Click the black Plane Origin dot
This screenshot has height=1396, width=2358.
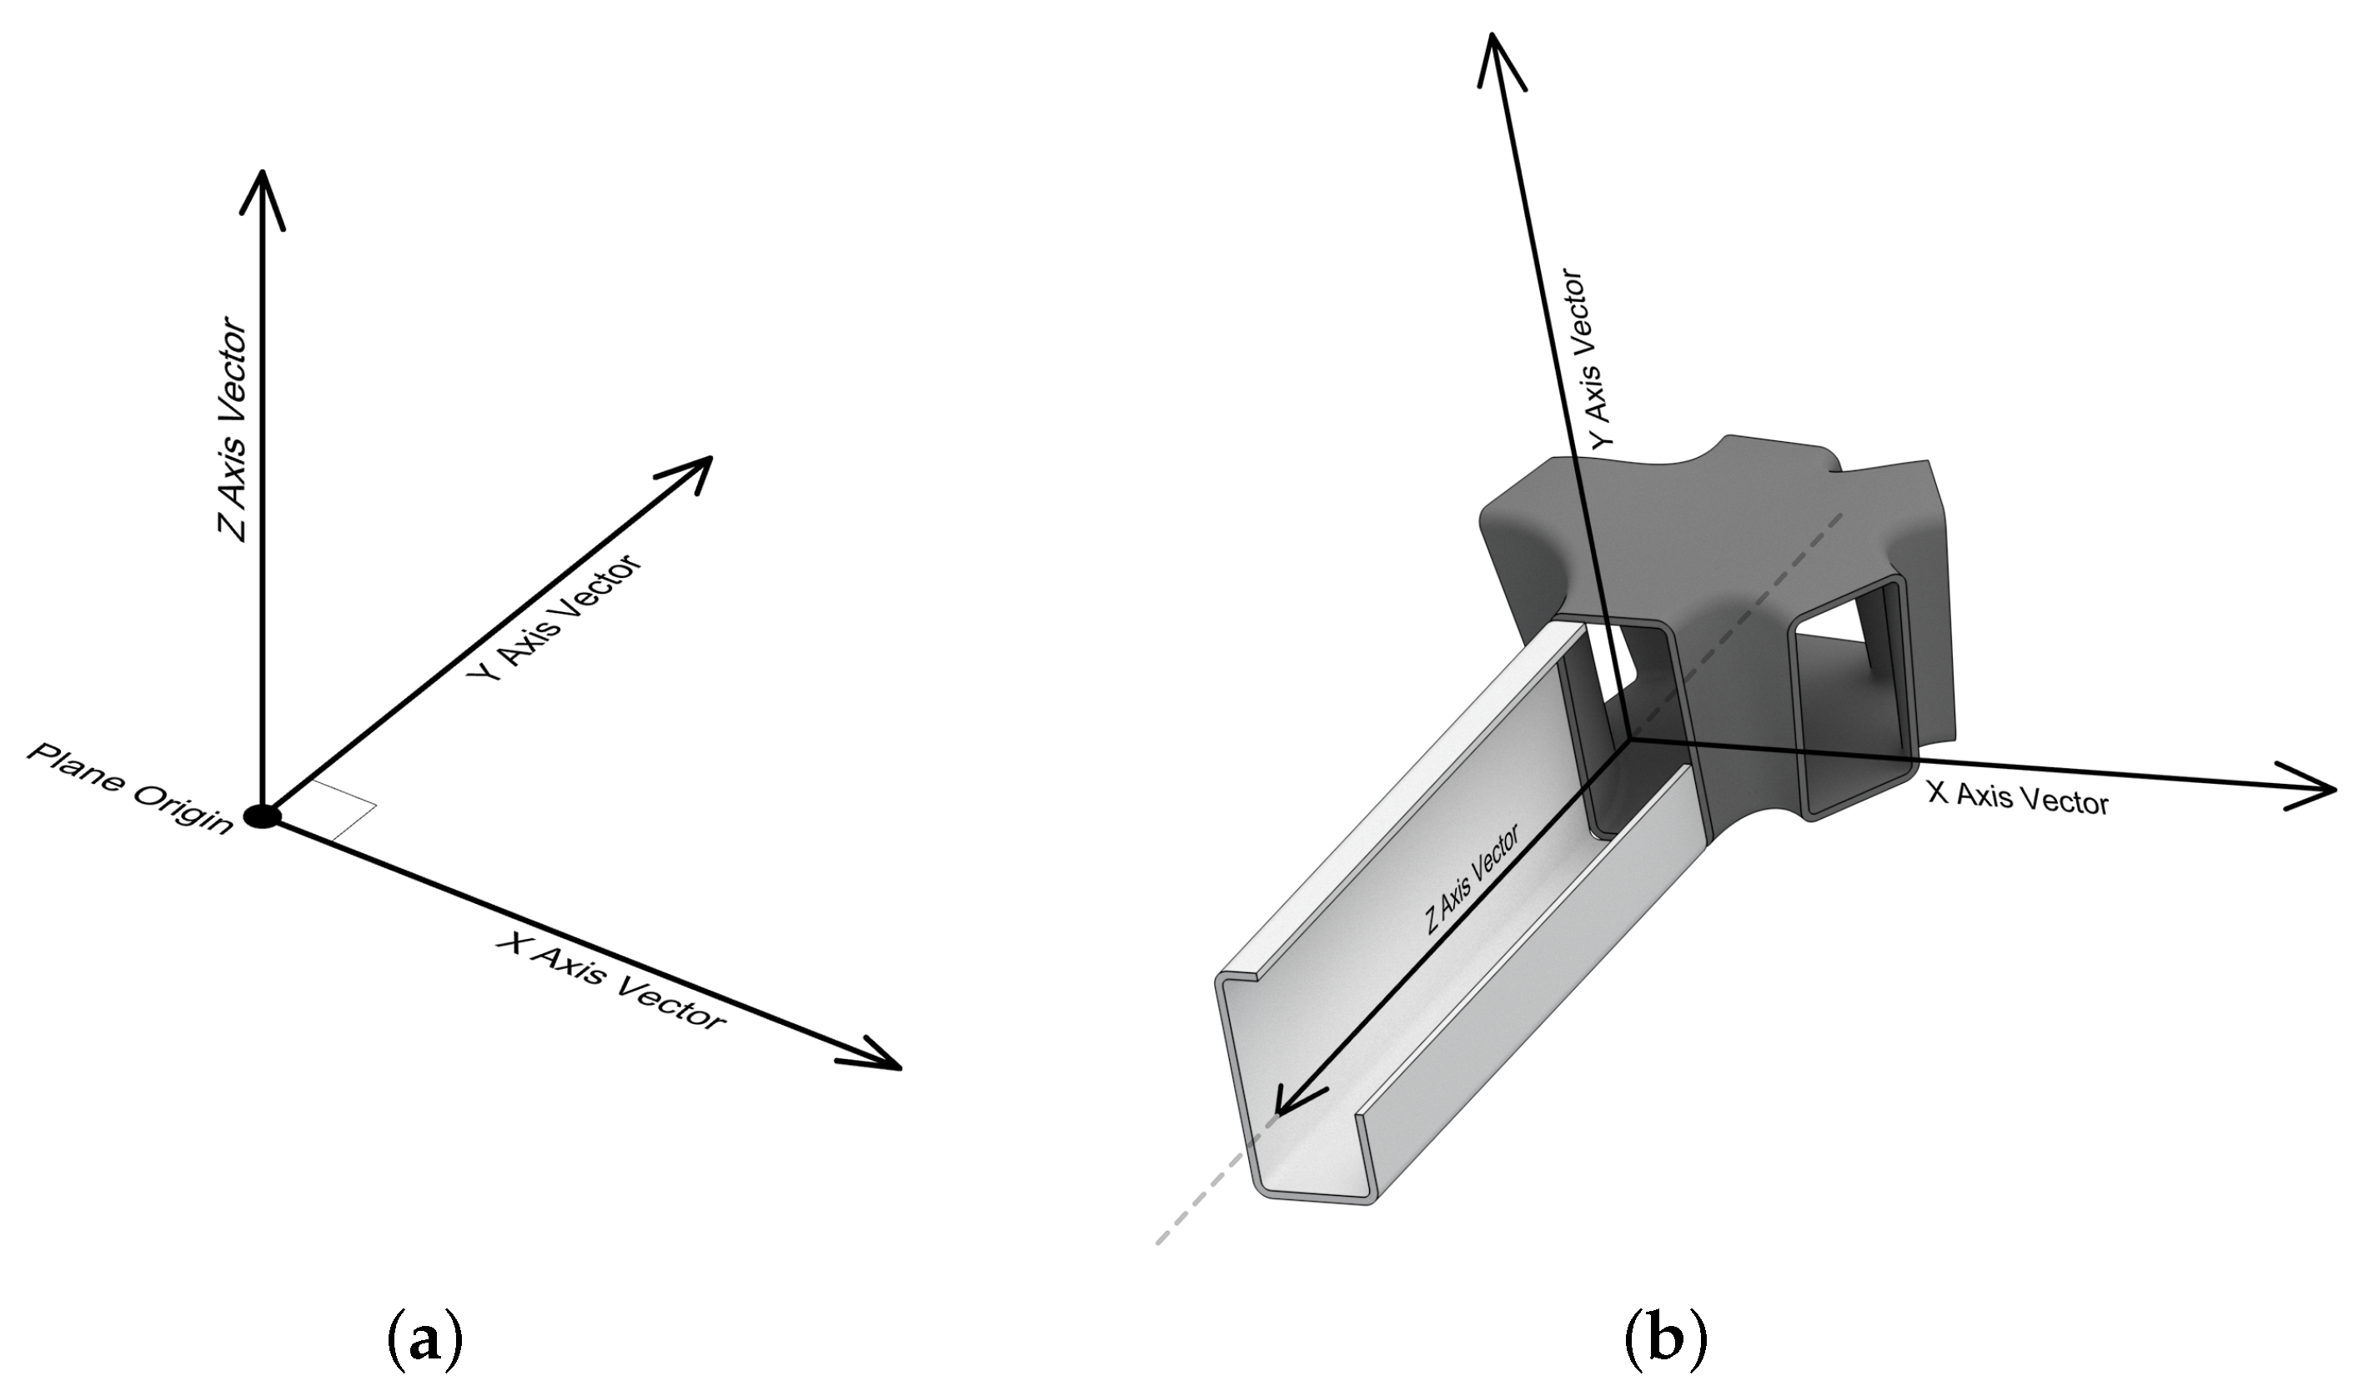tap(262, 816)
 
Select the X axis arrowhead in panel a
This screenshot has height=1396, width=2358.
tap(875, 1057)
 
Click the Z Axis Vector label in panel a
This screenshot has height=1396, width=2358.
tap(233, 434)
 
